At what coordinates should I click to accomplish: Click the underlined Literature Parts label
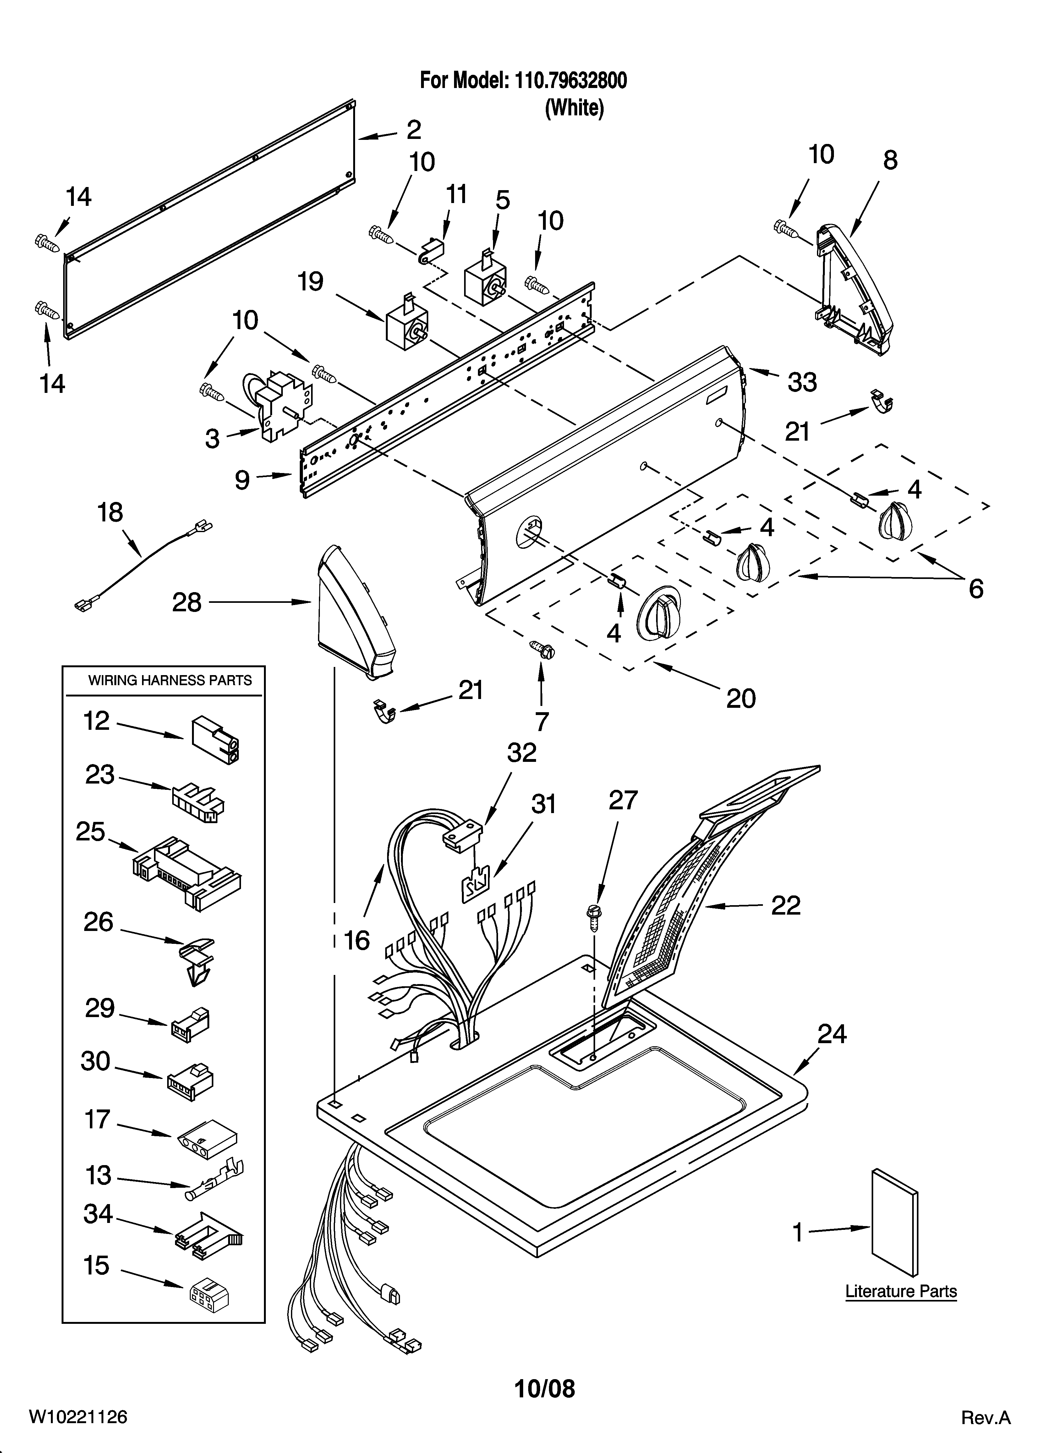[901, 1291]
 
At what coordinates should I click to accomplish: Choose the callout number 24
[832, 1034]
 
